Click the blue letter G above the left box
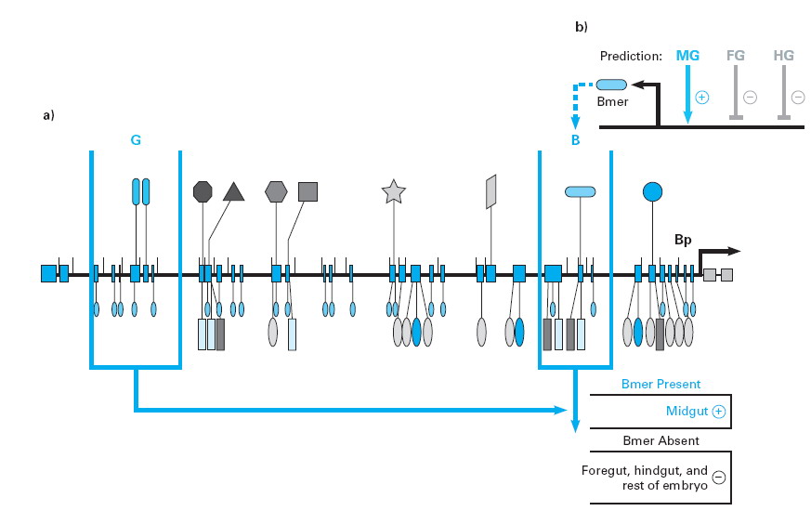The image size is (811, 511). click(136, 140)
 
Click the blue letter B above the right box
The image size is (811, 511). click(575, 140)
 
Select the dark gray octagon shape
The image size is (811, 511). click(203, 191)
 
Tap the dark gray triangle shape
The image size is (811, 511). click(234, 192)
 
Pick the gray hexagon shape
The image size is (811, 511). click(276, 191)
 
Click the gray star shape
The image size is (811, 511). click(394, 191)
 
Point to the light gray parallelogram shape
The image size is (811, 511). click(491, 192)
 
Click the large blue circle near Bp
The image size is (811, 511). click(653, 192)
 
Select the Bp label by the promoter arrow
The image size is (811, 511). click(683, 240)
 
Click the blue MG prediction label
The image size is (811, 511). click(687, 56)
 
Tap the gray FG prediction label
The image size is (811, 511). click(736, 56)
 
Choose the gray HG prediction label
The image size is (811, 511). click(783, 56)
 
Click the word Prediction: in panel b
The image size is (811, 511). click(631, 56)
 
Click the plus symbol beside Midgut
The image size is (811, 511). click(719, 412)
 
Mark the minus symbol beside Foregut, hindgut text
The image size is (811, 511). click(719, 478)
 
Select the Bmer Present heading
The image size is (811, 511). click(661, 384)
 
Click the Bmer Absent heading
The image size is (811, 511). click(661, 440)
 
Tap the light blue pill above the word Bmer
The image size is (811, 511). click(611, 85)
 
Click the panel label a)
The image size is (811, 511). click(48, 115)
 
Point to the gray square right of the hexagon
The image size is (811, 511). click(307, 191)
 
